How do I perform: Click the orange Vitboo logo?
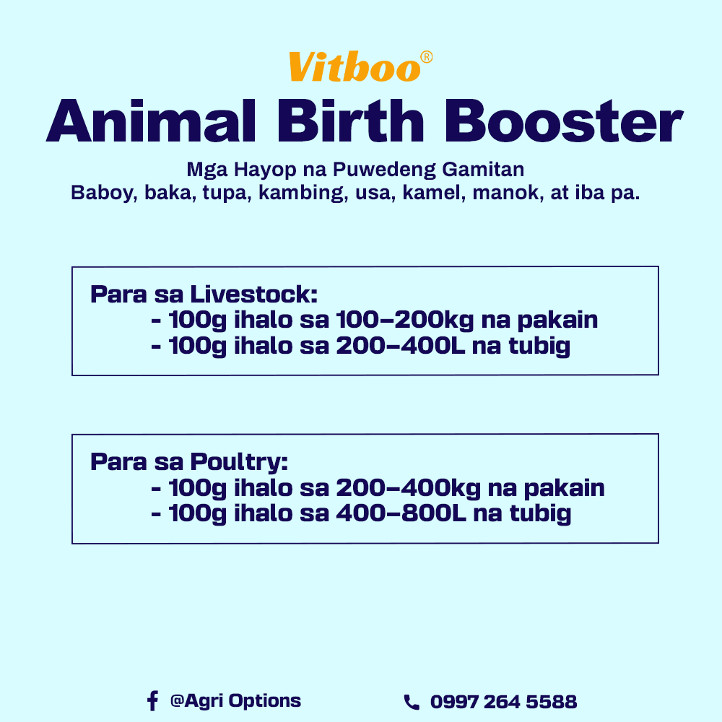click(x=354, y=67)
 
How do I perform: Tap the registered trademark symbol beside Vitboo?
click(x=427, y=57)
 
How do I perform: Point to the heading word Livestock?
click(x=253, y=295)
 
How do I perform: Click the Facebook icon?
click(x=152, y=700)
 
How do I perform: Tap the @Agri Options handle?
click(x=235, y=700)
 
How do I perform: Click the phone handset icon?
click(x=411, y=702)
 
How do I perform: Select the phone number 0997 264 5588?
click(x=503, y=702)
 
